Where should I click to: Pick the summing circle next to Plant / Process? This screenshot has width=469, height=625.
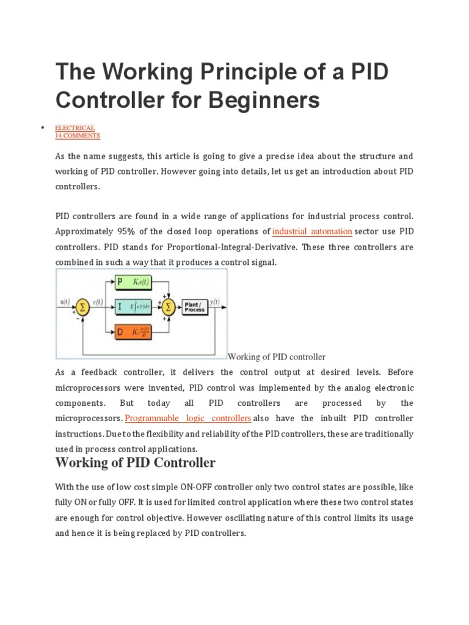coord(169,307)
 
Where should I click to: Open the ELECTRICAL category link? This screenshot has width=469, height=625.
coord(75,128)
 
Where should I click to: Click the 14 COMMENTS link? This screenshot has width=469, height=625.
coord(78,135)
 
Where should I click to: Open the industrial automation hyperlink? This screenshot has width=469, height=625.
coord(312,231)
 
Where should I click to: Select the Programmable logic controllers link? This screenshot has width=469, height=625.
coord(188,418)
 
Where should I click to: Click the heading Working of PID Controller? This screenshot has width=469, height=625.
coord(135,463)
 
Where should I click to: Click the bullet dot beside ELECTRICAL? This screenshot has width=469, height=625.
coord(42,127)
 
